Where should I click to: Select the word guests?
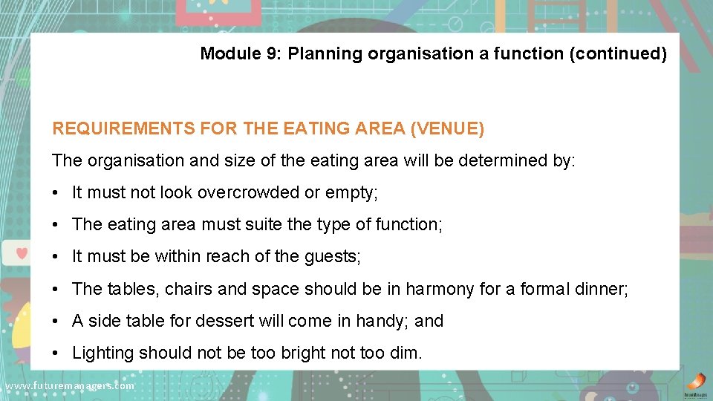(332, 257)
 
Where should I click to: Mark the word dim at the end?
(406, 353)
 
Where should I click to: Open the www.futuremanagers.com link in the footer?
(69, 386)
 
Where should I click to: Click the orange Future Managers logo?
(694, 382)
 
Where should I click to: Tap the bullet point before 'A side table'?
(57, 321)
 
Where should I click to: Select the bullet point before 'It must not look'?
(57, 193)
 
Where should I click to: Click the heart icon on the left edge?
(22, 253)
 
